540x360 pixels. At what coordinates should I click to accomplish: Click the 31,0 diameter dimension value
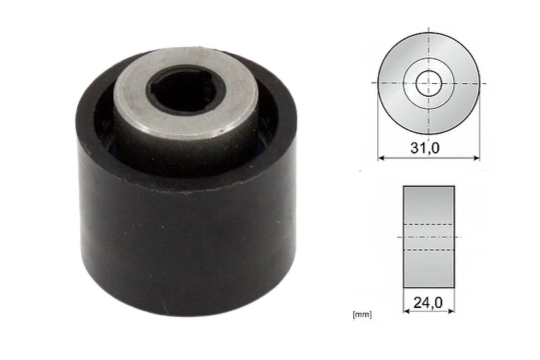tap(425, 148)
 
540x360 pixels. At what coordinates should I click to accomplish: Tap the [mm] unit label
tap(362, 315)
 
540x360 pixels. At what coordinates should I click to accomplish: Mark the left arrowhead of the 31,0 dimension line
tap(381, 158)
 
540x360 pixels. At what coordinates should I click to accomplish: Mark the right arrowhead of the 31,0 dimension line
tap(477, 158)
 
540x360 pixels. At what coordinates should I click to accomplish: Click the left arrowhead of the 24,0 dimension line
tap(406, 311)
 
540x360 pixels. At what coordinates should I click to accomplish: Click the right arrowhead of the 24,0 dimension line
tap(451, 311)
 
